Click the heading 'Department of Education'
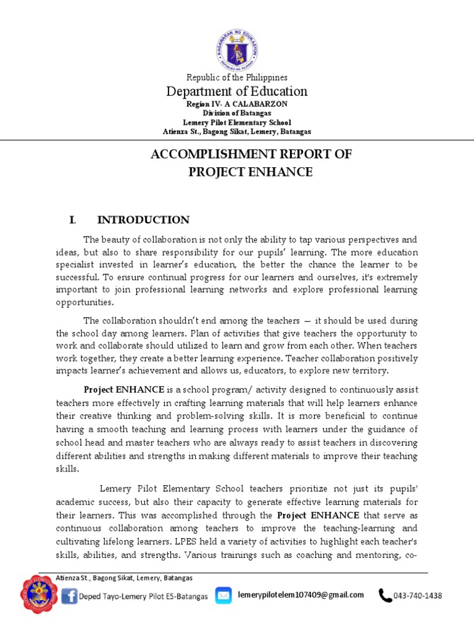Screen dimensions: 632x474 237,91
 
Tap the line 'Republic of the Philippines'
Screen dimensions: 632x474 237,77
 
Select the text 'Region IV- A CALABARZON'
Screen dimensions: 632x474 237,104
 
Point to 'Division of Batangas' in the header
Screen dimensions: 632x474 237,114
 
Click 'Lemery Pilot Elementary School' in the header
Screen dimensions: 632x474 237,123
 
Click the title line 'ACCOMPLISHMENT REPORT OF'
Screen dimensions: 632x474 251,154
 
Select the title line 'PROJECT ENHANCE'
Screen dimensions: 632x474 251,172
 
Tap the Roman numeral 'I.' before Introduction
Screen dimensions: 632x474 72,220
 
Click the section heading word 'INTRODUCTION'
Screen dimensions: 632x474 143,220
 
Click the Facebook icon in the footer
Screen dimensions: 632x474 69,597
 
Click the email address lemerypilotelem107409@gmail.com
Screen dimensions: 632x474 300,595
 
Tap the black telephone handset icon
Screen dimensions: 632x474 385,596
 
